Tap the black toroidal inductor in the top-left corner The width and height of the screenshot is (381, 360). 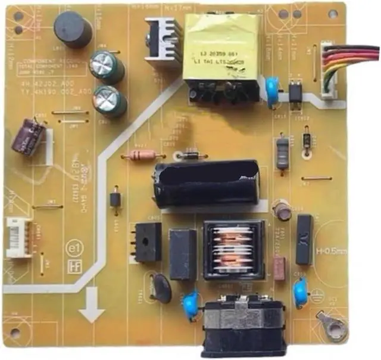click(73, 29)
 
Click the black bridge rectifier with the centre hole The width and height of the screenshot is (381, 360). click(148, 241)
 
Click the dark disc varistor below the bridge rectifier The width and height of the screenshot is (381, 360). click(161, 288)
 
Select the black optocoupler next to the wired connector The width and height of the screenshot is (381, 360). click(293, 91)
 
